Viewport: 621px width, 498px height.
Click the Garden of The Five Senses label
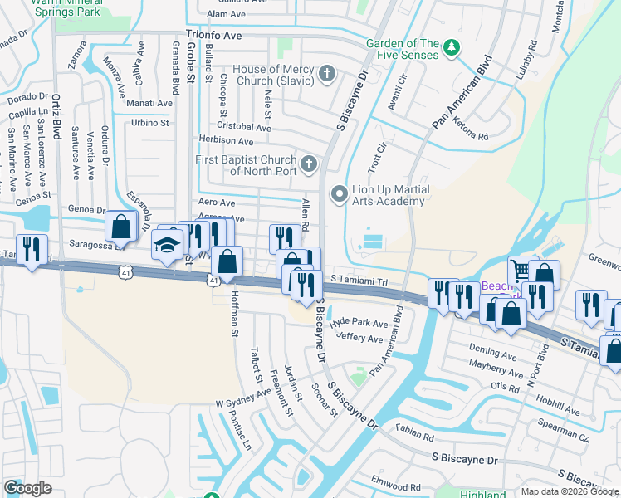coord(403,49)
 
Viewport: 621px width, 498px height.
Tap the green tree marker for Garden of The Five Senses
coord(452,48)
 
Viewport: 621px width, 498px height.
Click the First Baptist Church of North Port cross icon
coord(309,164)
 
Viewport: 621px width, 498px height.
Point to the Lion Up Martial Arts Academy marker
coord(339,195)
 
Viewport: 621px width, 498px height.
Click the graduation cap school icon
coord(166,247)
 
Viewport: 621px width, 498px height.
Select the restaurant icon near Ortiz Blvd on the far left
coord(32,249)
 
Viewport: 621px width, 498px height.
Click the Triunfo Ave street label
coord(213,36)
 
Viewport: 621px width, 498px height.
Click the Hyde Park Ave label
coord(359,323)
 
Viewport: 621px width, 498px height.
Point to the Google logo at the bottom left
coord(27,488)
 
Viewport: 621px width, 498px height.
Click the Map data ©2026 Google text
coord(569,491)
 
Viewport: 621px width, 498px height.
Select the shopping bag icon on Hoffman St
coord(227,261)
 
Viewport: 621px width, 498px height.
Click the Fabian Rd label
coord(415,433)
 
